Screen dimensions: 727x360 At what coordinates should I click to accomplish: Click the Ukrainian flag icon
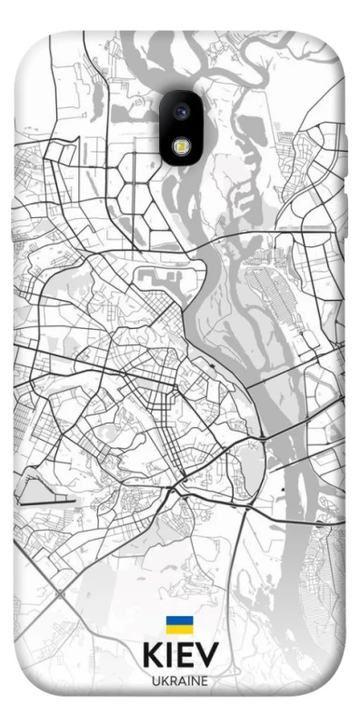click(x=178, y=625)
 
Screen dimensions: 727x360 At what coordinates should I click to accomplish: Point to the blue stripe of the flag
click(x=178, y=621)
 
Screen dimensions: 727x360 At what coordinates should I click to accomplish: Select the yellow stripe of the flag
click(x=178, y=630)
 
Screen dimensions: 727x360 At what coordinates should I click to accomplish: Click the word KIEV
click(x=180, y=657)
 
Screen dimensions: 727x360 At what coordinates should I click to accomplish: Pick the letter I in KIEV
click(x=172, y=657)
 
